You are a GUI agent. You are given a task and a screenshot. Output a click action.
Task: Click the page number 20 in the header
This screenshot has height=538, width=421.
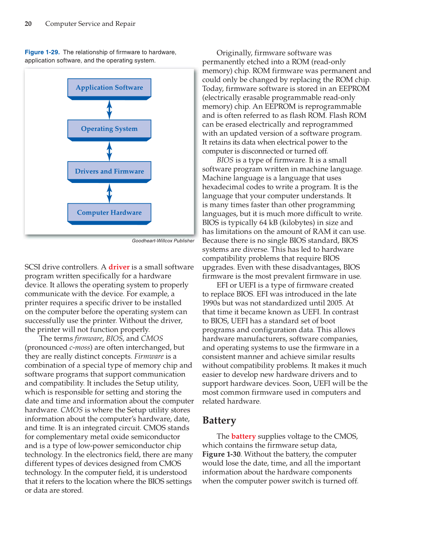coord(28,24)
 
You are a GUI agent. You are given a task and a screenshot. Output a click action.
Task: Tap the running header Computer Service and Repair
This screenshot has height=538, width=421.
coord(90,24)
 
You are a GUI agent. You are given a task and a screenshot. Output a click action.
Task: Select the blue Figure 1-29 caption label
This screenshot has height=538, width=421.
coord(42,52)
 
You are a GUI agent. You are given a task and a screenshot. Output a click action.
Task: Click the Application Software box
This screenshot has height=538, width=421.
coord(109,88)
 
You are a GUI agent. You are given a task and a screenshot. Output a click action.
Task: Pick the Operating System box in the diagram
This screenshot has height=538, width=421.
coord(109,129)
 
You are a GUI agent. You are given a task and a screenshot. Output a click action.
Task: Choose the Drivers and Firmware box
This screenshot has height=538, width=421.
coord(109,171)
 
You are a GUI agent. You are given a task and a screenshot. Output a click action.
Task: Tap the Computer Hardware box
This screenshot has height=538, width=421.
coord(109,213)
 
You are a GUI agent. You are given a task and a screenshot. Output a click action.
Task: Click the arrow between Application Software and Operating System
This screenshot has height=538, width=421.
coord(109,109)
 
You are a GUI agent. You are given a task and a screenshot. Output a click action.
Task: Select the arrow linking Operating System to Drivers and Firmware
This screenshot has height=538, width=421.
coord(109,151)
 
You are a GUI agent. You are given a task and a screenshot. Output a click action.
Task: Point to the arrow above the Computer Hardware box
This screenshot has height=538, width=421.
coord(109,193)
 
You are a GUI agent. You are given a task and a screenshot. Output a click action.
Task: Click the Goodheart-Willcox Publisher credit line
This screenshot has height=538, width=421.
coord(163,241)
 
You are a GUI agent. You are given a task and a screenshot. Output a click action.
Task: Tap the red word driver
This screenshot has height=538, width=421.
coord(119,267)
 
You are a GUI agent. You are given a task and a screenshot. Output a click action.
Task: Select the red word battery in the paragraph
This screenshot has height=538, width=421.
coord(243,436)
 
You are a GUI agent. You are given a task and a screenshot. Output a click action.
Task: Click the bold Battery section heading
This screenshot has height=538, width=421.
coord(219,421)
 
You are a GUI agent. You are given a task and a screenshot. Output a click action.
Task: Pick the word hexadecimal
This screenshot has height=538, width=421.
coord(224,187)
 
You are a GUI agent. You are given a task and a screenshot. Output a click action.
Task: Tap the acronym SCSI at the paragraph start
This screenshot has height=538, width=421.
coord(32,267)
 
